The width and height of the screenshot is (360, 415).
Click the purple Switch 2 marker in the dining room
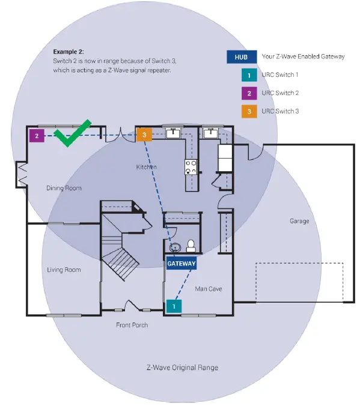[x=37, y=136]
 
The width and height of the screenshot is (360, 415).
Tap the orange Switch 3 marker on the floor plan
[x=144, y=135]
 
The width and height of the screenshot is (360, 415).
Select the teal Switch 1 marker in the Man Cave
[x=174, y=306]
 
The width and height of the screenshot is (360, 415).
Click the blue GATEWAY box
[x=182, y=263]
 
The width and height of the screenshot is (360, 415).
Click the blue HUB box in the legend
[x=239, y=57]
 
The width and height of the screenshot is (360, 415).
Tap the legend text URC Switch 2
[x=280, y=93]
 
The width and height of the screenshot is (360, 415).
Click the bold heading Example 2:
[x=69, y=52]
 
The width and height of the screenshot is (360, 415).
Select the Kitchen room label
[x=146, y=167]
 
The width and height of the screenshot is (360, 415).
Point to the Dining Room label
[x=64, y=188]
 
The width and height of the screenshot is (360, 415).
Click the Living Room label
[x=64, y=270]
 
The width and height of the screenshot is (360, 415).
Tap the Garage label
[x=299, y=221]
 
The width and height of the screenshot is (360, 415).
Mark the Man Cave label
[x=209, y=289]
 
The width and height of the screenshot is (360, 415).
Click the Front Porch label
[x=132, y=325]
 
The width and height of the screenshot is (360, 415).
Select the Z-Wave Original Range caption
[x=182, y=368]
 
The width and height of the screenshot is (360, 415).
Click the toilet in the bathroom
[x=191, y=245]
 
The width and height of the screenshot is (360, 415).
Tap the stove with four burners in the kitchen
[x=191, y=167]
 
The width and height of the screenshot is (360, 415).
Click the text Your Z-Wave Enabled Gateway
[x=303, y=57]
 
